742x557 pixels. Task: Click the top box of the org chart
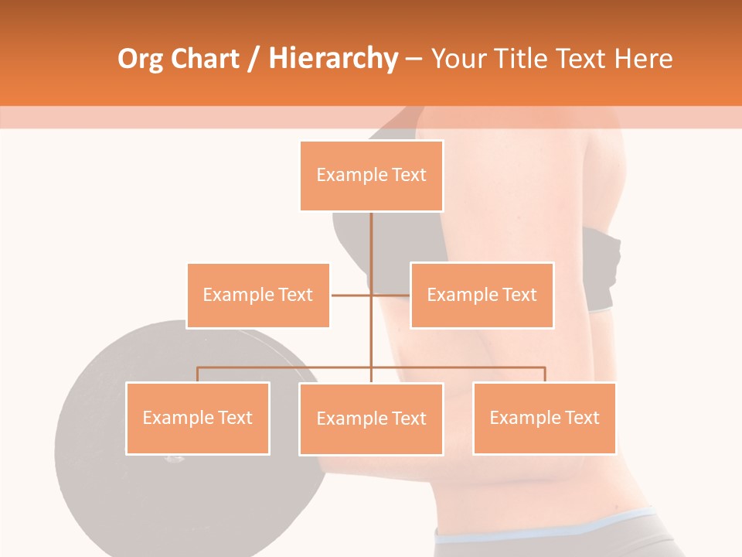tap(371, 176)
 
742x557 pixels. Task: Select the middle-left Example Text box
tap(258, 295)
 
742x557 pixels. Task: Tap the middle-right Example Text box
tap(482, 295)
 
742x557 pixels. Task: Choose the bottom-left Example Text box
tap(198, 418)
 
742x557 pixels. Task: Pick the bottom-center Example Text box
tap(371, 419)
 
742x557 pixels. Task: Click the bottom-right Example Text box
tap(544, 418)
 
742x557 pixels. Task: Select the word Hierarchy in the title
tap(332, 59)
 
